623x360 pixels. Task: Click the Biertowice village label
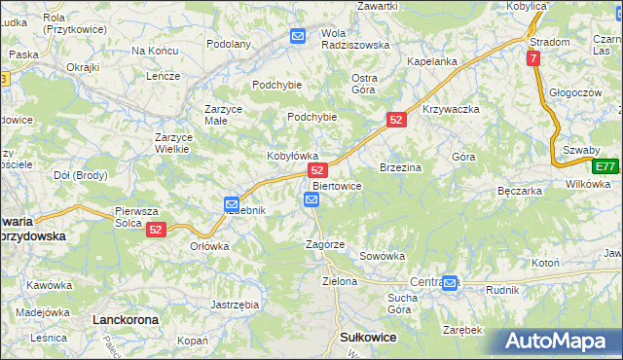337,186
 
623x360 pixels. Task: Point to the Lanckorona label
124,319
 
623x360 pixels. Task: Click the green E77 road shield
606,165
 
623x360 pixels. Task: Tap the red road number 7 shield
533,58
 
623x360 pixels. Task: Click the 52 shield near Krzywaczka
395,119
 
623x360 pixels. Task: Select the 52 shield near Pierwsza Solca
157,230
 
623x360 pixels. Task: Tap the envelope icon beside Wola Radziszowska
298,37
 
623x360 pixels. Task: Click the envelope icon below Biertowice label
311,200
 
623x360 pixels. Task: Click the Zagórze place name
325,244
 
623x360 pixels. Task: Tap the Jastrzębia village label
235,305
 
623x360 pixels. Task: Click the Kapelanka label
432,61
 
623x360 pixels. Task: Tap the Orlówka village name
209,246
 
